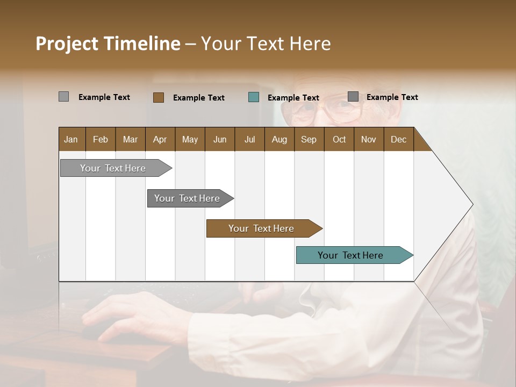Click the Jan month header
point(71,139)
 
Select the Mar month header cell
point(130,139)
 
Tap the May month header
point(190,139)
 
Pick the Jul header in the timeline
point(249,139)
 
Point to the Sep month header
point(309,139)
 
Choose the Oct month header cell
point(339,139)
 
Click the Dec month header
point(398,139)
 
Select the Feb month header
point(101,139)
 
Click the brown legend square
point(159,97)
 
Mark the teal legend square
point(254,97)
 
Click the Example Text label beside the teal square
point(293,98)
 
